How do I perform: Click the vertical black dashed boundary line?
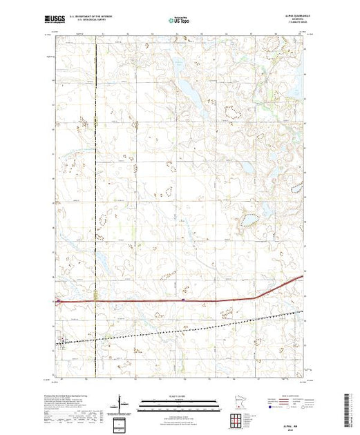(x=97, y=207)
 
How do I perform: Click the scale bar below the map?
(x=179, y=401)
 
